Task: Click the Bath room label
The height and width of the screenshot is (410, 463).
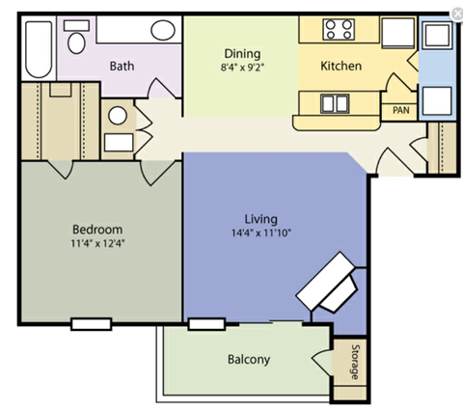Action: tap(122, 67)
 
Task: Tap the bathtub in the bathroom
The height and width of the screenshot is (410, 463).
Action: tap(40, 47)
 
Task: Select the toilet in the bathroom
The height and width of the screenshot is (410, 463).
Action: tap(78, 41)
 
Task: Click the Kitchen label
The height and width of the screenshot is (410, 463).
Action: tap(340, 67)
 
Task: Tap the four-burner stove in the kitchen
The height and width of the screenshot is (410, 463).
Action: tap(339, 29)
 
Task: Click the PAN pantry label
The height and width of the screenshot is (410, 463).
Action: tap(400, 111)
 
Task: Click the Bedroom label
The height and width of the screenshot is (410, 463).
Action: tap(97, 229)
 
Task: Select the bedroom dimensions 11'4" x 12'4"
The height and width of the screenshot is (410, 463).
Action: tap(97, 243)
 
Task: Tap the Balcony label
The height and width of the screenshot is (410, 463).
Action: tap(249, 360)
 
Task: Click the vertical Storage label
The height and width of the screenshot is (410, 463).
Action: tap(354, 361)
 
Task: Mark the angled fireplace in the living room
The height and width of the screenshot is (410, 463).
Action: tap(331, 282)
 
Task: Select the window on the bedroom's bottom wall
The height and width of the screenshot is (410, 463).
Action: tap(93, 322)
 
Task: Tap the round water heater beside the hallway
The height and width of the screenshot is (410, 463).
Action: tap(117, 116)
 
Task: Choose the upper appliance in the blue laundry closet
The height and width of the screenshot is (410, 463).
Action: tap(437, 36)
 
